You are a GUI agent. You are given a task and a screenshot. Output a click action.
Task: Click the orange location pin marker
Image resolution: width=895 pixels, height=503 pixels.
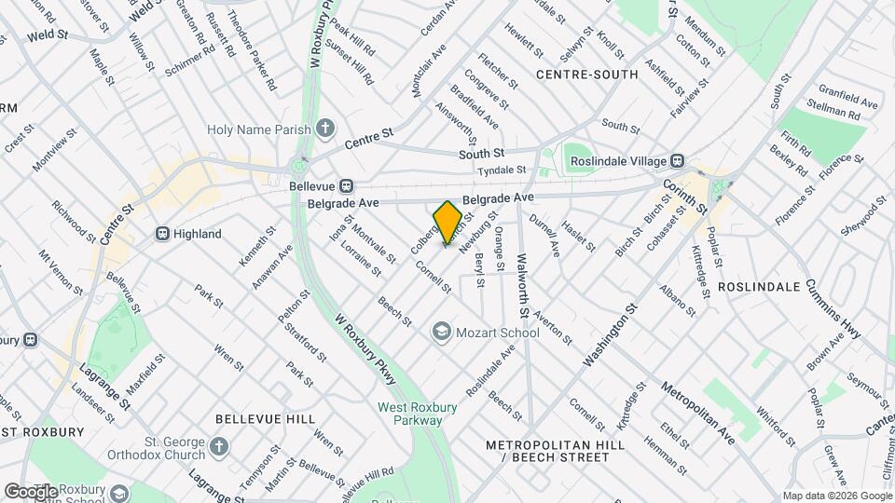point(447,222)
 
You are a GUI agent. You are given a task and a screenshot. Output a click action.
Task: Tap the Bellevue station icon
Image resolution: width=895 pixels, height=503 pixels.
point(346,186)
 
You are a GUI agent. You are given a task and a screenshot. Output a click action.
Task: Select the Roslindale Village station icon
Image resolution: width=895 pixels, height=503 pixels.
point(679,161)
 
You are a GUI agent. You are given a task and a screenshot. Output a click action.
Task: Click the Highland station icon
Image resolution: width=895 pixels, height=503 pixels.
point(162,234)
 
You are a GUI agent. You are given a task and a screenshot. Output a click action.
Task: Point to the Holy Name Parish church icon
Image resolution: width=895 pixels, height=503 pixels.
point(324,129)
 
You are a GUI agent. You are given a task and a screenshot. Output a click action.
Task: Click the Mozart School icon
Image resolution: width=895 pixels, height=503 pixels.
point(440,332)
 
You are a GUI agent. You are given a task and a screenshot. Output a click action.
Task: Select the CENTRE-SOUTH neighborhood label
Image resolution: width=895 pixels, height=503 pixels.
point(587,75)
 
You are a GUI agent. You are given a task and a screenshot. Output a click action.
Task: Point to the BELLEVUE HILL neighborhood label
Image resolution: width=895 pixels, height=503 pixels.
point(265,420)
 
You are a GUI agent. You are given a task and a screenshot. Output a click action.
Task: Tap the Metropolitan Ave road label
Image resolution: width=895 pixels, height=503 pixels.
point(698,411)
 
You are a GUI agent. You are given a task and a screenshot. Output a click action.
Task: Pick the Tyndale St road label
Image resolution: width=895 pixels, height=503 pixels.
point(502,170)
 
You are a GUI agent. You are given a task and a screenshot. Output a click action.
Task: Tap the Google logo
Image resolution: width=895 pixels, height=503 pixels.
point(30,491)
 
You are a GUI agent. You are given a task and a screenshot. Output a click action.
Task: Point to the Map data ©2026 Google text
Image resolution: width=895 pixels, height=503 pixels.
point(836,496)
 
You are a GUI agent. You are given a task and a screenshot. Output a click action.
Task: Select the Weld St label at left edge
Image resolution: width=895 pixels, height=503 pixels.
point(48,34)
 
